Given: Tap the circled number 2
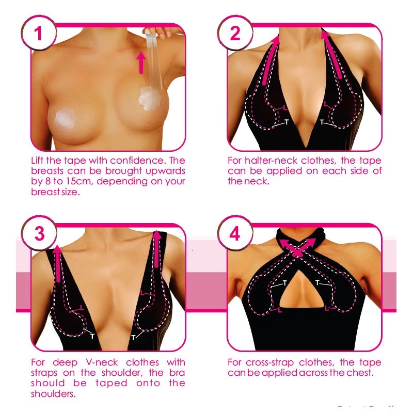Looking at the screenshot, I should coord(235,34).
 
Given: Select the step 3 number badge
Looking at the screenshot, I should coord(38,235).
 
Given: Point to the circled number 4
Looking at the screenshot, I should coord(235,235).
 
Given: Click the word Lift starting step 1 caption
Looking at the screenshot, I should coord(39,161).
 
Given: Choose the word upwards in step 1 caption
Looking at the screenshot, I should coord(165,171).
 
